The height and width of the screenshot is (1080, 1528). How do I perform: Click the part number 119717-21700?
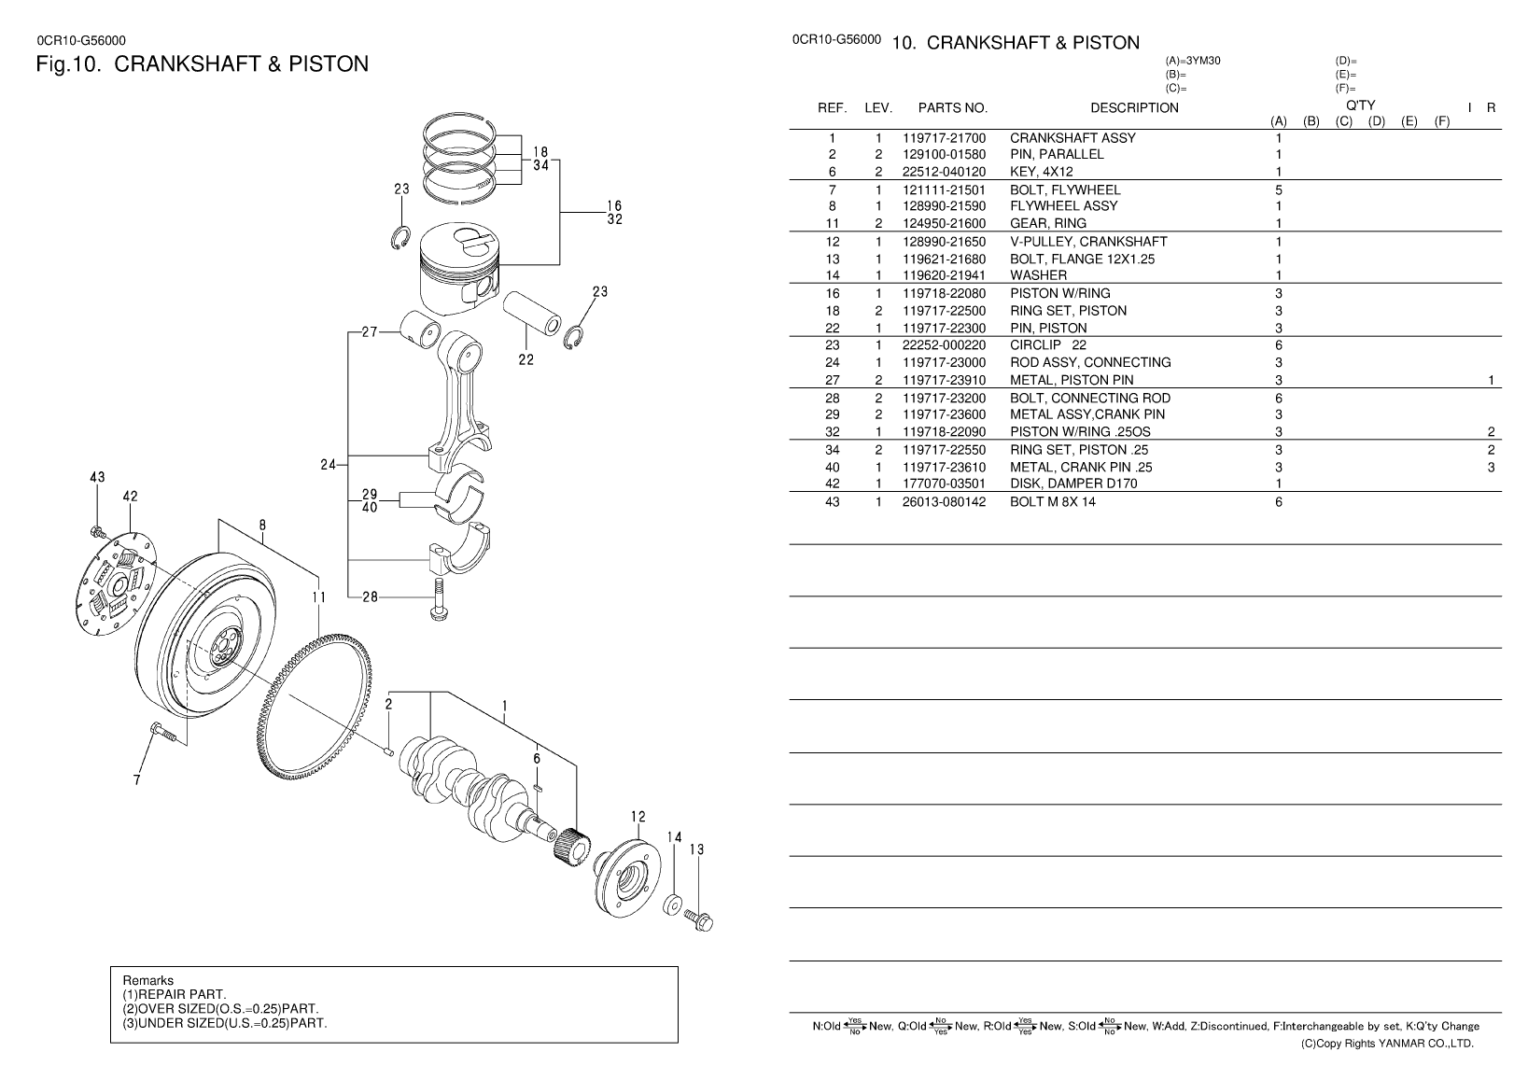[x=944, y=138]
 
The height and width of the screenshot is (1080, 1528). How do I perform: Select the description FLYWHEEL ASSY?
[x=1063, y=206]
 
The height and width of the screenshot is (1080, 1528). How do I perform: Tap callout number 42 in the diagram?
[x=130, y=498]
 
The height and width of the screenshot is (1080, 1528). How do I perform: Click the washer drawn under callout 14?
[x=671, y=905]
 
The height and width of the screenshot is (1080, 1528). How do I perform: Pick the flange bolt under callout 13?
[x=699, y=919]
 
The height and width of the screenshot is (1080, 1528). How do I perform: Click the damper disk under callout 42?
[x=116, y=587]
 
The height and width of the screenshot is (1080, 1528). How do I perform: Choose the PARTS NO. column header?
[x=952, y=108]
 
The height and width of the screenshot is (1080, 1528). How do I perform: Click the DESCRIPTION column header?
[x=1134, y=108]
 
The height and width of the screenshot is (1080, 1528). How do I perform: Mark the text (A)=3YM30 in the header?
[x=1193, y=61]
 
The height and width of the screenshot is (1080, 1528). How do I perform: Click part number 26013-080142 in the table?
[x=944, y=502]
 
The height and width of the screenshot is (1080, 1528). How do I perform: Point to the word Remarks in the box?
[x=147, y=980]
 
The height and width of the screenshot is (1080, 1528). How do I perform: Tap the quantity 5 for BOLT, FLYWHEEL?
[x=1279, y=189]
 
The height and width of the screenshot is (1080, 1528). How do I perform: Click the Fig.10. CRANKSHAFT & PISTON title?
[x=202, y=64]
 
